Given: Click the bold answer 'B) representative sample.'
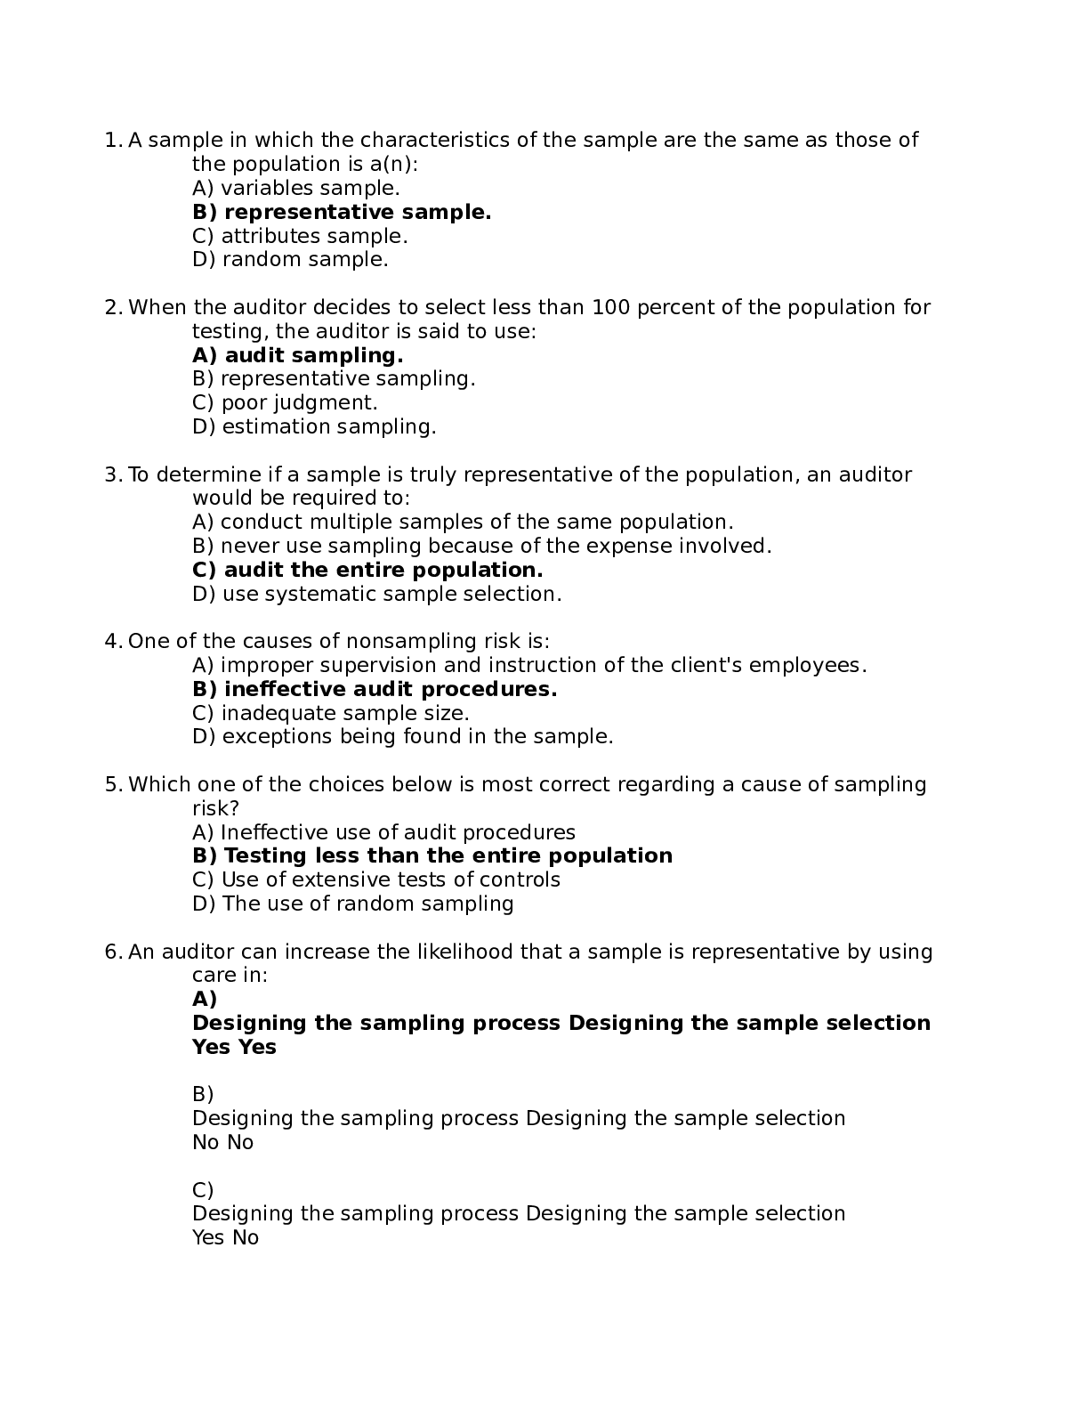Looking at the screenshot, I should tap(342, 212).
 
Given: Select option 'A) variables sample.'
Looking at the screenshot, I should tap(295, 188).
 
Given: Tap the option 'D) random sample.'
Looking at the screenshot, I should tap(290, 260).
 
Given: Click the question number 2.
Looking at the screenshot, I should tap(112, 308).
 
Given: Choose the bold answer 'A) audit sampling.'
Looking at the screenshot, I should tap(297, 355).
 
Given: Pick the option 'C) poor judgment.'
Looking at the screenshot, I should tap(285, 402).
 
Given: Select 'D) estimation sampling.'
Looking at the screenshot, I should tap(314, 426).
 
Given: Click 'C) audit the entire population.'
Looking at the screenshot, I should tap(367, 570).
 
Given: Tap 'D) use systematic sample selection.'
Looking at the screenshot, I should tap(376, 594).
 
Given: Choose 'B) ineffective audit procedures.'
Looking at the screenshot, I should tap(375, 689).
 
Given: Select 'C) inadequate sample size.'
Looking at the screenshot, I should tap(330, 713).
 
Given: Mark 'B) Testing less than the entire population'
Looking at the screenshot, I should tap(432, 855).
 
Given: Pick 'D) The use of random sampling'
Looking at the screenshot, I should tap(352, 904).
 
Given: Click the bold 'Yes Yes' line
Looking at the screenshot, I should tap(234, 1047).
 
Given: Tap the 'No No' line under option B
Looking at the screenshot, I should tap(222, 1142).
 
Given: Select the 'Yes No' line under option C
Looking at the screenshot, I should tap(225, 1237).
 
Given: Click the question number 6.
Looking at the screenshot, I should tap(112, 952).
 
